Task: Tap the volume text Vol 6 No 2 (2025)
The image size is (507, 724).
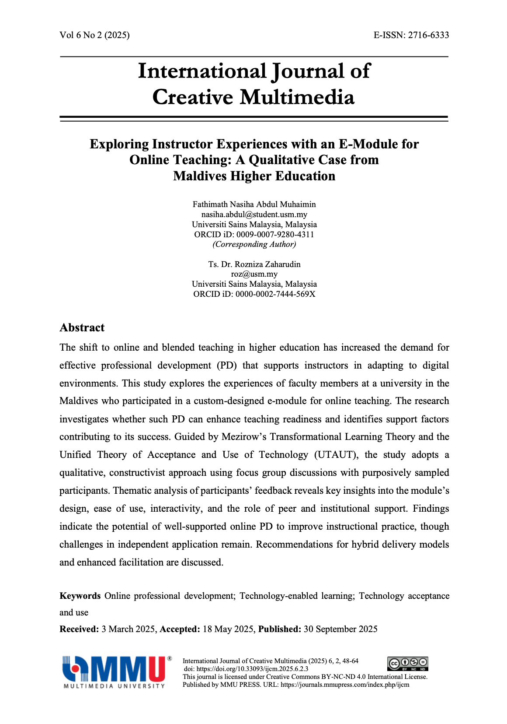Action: point(94,35)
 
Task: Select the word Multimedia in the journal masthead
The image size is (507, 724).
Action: point(297,97)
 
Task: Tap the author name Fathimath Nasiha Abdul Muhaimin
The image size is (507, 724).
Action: point(254,204)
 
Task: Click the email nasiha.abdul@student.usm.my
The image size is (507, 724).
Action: point(254,214)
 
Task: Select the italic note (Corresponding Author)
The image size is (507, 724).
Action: point(254,244)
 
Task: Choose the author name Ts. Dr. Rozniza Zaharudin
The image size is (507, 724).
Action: point(254,264)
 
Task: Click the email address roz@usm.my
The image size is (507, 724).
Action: point(254,274)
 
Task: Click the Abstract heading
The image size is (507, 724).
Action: point(82,328)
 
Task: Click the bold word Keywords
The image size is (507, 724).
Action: point(80,596)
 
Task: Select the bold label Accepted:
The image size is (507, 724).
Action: point(180,629)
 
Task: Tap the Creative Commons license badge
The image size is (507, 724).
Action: point(407,664)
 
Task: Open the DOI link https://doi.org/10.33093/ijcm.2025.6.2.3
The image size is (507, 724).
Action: point(252,669)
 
